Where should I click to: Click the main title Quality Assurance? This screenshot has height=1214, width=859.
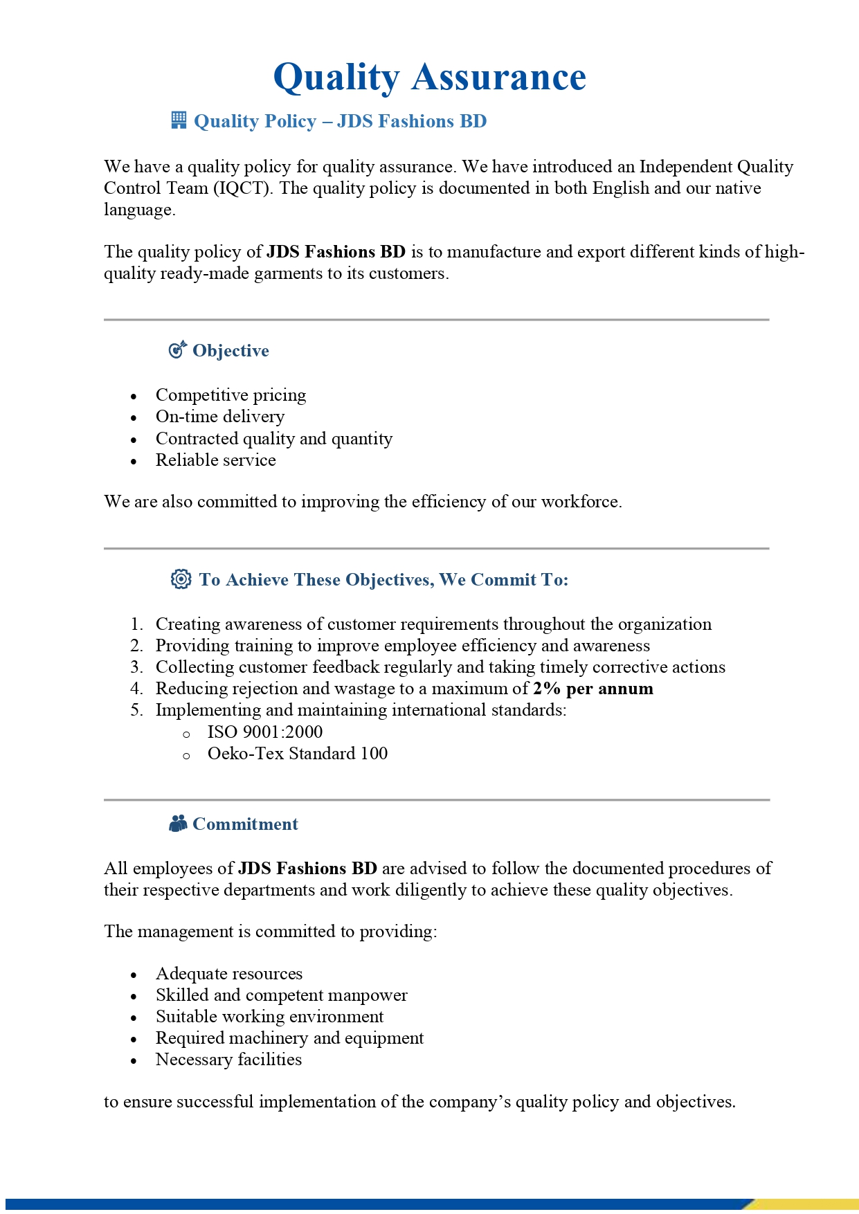click(429, 77)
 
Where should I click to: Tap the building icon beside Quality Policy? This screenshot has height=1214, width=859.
click(179, 120)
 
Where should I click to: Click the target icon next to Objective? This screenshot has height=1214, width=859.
click(178, 350)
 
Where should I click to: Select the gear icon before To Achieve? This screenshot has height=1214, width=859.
click(181, 579)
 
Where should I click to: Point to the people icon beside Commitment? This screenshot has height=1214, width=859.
click(178, 823)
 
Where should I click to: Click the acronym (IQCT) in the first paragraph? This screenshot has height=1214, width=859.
click(242, 188)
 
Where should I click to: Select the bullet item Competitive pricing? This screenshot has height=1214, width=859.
click(230, 395)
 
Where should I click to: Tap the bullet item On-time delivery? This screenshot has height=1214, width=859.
click(220, 416)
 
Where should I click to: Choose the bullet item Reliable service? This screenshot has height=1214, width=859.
click(215, 460)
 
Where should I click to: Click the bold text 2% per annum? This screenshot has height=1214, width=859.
click(593, 688)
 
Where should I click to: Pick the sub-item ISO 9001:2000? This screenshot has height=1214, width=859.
click(265, 732)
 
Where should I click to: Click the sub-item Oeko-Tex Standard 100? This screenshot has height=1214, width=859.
click(298, 753)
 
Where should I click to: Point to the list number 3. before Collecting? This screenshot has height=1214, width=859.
click(136, 667)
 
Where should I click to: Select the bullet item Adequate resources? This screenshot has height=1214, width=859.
click(229, 973)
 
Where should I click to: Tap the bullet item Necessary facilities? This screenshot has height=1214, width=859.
click(228, 1059)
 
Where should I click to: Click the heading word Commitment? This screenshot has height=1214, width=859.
click(245, 824)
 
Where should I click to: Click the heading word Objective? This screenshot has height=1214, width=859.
click(230, 350)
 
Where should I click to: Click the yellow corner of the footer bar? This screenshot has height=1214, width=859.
click(810, 1204)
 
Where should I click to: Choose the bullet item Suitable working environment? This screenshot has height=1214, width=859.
click(269, 1016)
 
